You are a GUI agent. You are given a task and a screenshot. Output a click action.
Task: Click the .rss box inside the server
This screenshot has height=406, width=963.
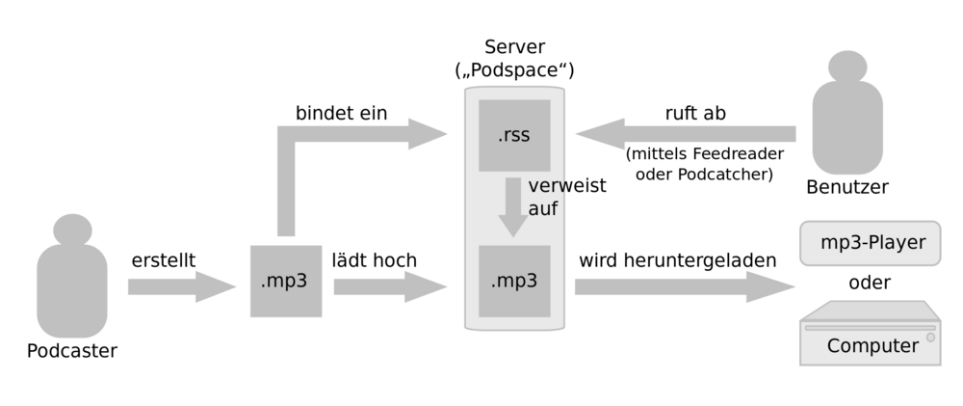click(x=514, y=135)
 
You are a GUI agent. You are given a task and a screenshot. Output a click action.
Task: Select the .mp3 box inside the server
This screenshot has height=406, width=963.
click(x=514, y=282)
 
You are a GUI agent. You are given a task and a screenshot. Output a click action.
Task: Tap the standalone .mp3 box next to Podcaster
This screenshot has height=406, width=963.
click(x=286, y=282)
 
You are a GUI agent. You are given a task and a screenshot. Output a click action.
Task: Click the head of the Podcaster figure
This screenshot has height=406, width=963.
click(x=72, y=230)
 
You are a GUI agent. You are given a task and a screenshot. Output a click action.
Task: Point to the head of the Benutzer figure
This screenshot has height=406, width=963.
click(x=847, y=67)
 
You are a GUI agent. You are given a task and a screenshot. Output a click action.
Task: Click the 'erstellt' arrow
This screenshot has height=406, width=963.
click(x=182, y=286)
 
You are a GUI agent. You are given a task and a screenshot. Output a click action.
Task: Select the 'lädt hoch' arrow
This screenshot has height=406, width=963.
click(x=390, y=286)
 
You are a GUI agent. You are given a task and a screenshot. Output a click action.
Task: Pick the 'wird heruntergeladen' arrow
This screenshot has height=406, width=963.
click(x=685, y=286)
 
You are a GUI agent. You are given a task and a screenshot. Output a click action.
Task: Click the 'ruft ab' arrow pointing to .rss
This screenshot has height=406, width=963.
click(x=686, y=134)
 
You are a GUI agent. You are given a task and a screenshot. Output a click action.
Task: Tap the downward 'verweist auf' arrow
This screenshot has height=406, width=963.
click(x=513, y=207)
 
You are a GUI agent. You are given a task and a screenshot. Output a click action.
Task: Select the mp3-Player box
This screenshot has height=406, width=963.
click(x=871, y=243)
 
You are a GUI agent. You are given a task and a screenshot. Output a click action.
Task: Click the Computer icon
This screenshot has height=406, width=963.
click(x=871, y=333)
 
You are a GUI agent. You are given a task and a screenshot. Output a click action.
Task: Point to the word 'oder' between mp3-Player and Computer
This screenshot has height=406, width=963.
click(x=870, y=283)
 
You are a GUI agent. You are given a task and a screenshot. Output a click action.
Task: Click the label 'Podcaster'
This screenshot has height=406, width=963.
click(x=72, y=351)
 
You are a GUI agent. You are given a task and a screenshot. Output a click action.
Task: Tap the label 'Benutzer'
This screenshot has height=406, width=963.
click(x=846, y=187)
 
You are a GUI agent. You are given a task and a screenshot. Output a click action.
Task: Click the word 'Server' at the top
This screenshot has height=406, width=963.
click(x=514, y=47)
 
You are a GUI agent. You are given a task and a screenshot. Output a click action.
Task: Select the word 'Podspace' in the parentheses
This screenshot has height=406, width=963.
click(x=514, y=70)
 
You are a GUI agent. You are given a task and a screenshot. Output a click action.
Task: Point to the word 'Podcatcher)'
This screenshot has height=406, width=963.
click(x=725, y=175)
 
